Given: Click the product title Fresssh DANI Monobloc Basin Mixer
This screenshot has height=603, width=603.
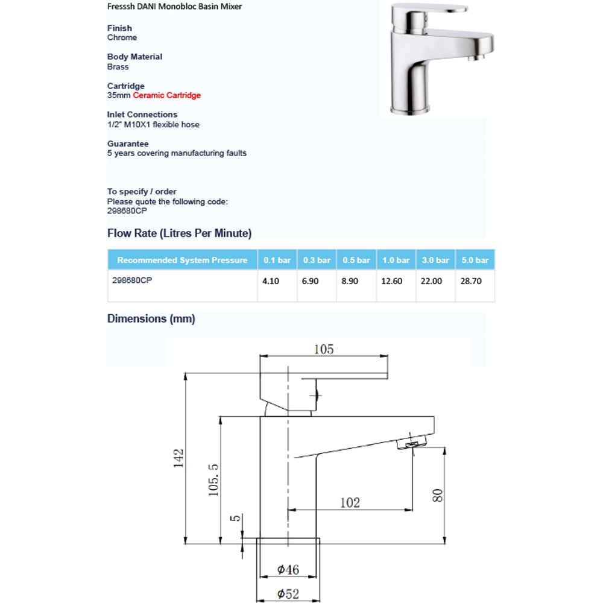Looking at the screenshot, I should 175,7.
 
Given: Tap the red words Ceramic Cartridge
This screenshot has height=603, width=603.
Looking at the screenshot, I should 167,95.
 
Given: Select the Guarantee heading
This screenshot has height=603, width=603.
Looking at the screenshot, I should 128,144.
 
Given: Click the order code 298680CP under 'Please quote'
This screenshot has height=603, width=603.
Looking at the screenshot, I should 127,211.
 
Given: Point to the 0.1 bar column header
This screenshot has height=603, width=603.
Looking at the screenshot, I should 277,260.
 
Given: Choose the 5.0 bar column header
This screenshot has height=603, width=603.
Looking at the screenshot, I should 475,260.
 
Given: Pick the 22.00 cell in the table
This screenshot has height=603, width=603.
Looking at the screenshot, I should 431,281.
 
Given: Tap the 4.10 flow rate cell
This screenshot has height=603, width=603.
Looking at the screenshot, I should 271,281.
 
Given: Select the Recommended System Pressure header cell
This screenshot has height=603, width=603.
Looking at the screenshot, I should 182,260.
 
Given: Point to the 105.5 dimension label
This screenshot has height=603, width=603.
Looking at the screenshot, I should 213,480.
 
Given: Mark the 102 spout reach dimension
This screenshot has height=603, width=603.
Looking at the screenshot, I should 350,502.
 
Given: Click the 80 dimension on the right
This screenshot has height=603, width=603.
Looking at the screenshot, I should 438,495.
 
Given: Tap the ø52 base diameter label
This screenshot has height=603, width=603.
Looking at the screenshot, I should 288,594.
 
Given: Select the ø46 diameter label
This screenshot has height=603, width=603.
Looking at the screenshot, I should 288,569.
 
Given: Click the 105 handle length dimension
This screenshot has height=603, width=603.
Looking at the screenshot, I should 323,349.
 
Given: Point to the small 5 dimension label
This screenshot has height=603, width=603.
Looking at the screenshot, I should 236,517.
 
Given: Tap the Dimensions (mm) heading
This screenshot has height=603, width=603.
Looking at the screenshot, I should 151,318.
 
